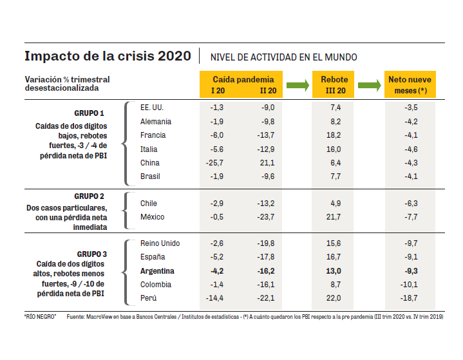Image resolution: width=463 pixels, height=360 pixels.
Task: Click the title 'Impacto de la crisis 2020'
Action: (x=108, y=56)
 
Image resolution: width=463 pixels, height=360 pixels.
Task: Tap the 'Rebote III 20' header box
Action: (x=334, y=84)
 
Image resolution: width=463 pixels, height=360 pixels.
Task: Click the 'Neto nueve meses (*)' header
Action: (x=410, y=84)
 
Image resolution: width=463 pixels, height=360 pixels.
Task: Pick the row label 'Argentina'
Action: (x=157, y=271)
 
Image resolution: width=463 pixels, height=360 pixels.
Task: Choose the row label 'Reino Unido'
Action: (x=160, y=243)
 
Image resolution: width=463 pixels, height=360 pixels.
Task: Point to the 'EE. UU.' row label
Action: (x=152, y=108)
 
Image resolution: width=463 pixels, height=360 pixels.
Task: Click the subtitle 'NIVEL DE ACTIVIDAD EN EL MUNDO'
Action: (x=284, y=57)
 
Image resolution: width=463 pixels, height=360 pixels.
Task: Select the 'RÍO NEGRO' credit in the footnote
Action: (x=39, y=317)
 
